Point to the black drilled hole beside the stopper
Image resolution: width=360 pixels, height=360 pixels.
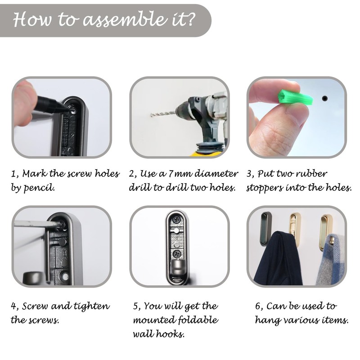coord(324,99)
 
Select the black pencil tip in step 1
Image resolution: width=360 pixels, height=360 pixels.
coord(65,108)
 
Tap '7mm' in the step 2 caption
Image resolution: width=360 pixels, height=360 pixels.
coord(180,174)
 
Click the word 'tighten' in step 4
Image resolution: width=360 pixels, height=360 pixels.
coord(92,306)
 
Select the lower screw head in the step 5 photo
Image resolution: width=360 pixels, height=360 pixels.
coord(177,254)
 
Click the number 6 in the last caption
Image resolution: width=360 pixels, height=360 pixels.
coord(258,306)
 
